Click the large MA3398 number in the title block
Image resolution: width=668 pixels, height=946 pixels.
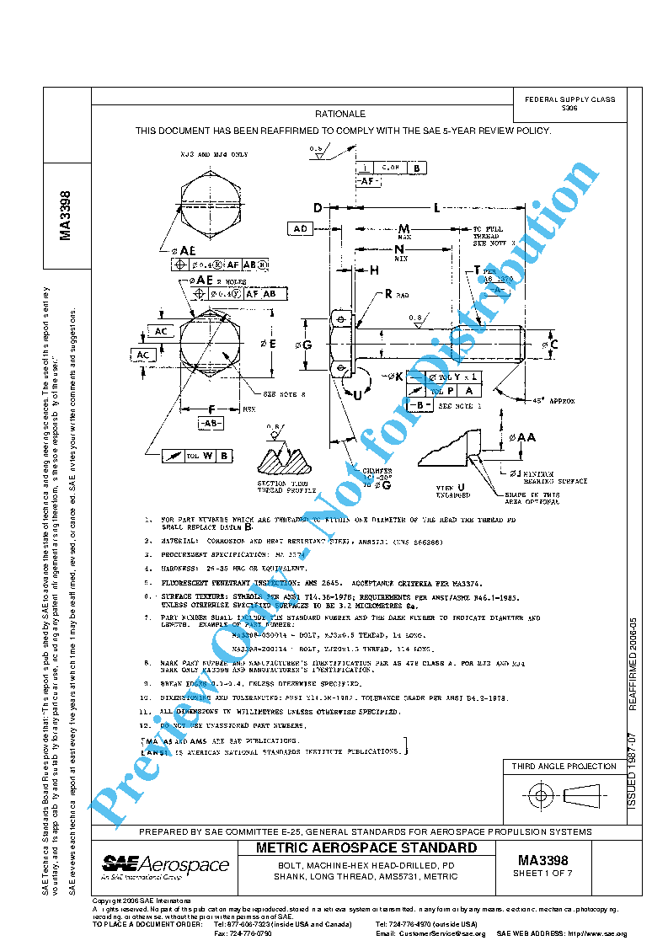542,859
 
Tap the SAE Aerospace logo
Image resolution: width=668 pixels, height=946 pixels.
165,866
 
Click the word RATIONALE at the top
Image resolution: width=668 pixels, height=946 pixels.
339,114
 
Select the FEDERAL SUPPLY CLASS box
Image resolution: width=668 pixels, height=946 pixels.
569,103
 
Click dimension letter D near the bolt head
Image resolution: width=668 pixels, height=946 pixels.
318,208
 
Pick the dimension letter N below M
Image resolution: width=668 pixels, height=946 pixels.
399,250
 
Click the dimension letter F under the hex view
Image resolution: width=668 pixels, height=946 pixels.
212,409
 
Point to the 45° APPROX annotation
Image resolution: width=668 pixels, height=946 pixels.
549,402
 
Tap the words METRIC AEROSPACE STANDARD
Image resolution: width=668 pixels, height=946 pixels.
366,847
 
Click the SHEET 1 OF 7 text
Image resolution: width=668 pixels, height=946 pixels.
542,874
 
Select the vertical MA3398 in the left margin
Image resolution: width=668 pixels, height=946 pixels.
66,215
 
